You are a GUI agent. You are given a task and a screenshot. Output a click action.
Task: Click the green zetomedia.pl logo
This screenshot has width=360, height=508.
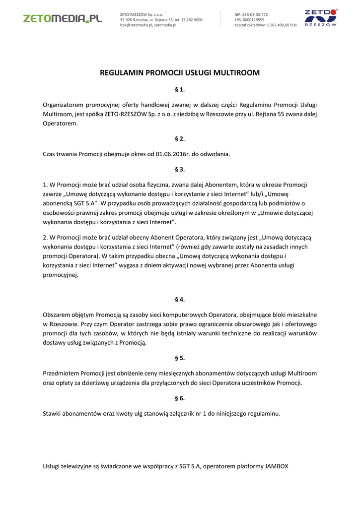coord(63,18)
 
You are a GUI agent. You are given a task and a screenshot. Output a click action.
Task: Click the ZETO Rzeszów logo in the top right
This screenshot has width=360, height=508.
coord(320,17)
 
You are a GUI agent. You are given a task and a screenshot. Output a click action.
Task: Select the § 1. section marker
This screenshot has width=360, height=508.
coord(180,90)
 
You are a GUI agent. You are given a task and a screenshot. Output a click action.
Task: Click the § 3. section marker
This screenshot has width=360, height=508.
coord(180,169)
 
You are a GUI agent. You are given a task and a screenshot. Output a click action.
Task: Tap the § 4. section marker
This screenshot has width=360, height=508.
coord(180,299)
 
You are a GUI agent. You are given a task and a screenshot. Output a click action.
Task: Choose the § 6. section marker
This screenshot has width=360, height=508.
coord(180,398)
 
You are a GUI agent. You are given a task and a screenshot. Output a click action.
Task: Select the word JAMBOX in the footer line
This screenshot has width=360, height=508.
coord(277,466)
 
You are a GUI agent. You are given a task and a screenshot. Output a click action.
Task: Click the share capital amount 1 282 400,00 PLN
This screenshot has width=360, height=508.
coord(282,25)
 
